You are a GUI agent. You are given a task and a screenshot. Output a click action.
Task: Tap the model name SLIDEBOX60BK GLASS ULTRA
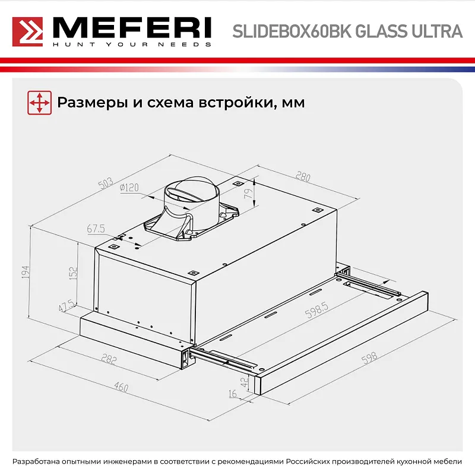[x=347, y=31]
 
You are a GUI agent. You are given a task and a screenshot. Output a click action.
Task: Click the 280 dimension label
[x=303, y=176]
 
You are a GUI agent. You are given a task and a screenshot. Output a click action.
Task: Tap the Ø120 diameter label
[x=129, y=188]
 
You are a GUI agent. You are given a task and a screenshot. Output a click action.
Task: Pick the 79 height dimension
[x=249, y=192]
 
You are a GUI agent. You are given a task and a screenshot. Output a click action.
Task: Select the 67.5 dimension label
[x=96, y=229]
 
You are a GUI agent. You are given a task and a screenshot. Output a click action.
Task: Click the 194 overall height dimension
[x=24, y=272]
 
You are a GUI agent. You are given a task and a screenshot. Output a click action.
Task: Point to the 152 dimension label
[x=73, y=273]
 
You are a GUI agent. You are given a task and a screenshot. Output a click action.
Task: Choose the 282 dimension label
[x=109, y=359]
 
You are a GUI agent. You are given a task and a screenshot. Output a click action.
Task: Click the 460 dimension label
[x=121, y=387]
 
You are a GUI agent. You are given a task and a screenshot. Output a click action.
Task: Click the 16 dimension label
[x=232, y=393]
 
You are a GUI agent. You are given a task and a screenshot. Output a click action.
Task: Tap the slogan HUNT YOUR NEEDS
[x=132, y=44]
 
